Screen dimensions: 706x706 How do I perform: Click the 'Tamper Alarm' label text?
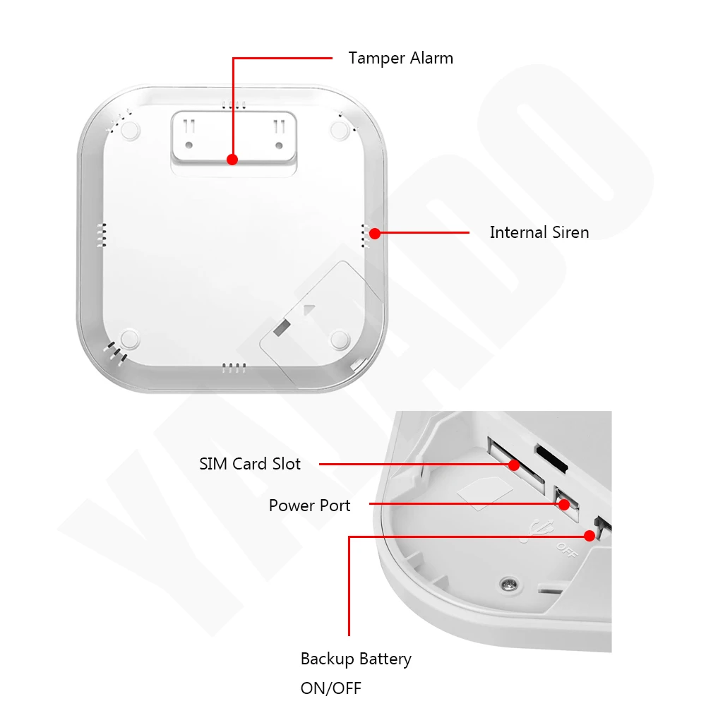pos(400,58)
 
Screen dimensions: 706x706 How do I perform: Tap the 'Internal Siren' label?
pos(539,232)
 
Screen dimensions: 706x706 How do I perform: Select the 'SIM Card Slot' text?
pos(250,464)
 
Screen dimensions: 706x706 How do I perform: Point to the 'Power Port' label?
pos(309,505)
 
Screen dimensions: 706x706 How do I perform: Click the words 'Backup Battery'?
pos(356,659)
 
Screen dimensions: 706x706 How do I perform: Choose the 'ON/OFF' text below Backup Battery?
pos(331,688)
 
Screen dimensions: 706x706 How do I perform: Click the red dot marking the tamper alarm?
pos(232,160)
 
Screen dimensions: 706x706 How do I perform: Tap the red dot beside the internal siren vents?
pos(374,232)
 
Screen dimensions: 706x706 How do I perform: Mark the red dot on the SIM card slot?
pos(514,465)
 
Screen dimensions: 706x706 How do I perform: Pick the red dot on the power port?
pos(564,504)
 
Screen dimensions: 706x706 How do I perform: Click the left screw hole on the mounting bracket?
pos(189,145)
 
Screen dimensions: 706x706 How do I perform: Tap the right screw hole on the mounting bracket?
pos(278,145)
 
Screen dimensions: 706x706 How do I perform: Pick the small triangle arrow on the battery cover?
pos(308,309)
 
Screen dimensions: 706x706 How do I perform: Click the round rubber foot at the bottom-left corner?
pos(129,340)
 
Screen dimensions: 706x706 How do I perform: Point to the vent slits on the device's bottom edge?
pos(234,367)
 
